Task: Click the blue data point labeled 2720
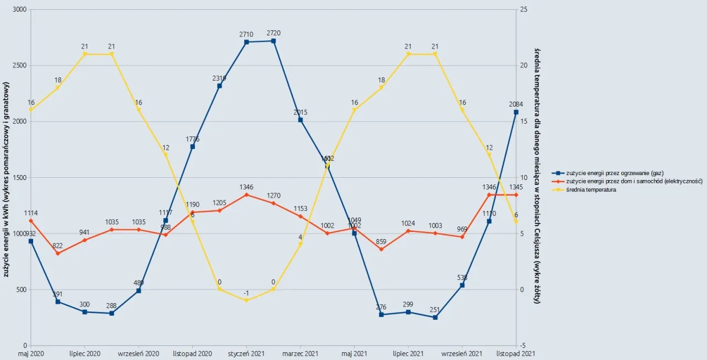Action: click(273, 41)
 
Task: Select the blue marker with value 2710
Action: click(246, 42)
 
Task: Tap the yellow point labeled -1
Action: click(246, 300)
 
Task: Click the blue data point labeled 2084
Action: click(516, 112)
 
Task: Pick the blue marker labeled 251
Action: click(435, 317)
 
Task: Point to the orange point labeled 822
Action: click(58, 253)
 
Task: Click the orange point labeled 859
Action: click(381, 250)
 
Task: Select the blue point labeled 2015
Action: click(300, 120)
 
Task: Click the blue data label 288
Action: click(112, 305)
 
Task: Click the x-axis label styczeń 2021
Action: click(246, 353)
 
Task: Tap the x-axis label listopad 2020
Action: click(192, 353)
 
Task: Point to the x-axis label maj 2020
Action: click(31, 353)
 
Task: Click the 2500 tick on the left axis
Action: click(19, 66)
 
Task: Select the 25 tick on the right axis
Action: click(524, 10)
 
